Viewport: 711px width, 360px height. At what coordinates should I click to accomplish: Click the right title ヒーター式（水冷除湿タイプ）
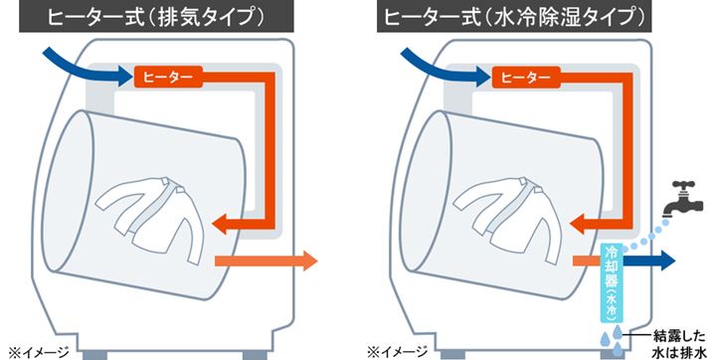tap(526, 17)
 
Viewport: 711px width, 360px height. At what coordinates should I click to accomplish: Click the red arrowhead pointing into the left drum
tap(231, 220)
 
